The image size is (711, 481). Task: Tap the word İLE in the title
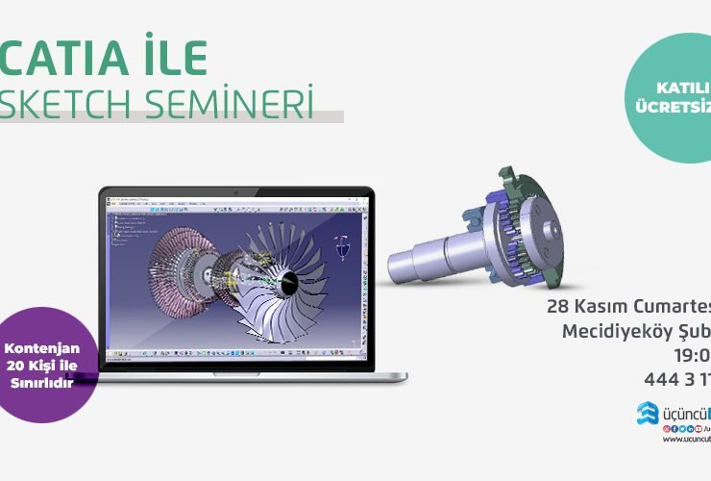tap(172, 61)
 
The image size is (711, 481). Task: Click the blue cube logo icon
tap(646, 413)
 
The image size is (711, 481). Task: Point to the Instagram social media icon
tap(666, 427)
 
